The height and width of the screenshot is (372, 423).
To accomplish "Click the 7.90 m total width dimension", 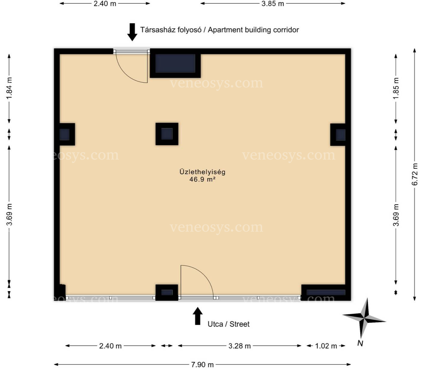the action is (202, 365).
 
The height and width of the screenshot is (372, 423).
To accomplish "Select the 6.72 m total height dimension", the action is (415, 174).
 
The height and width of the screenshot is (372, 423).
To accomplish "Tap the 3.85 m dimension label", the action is (273, 4).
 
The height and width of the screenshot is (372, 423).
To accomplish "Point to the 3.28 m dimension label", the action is (240, 346).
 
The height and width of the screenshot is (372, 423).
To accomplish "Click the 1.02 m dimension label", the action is (326, 346).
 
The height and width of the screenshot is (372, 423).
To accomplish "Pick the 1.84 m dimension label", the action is (9, 88).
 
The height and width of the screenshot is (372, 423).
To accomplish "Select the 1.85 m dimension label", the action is (396, 88).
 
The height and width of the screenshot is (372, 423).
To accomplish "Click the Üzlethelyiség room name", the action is (202, 172).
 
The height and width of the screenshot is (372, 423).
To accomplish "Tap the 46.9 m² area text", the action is (202, 179).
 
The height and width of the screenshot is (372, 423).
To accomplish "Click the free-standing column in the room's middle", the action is (167, 134).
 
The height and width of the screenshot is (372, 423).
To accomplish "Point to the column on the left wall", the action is (65, 134).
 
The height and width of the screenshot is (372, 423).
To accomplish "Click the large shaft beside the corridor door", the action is (175, 63).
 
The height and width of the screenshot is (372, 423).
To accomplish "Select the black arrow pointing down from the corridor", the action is (132, 32).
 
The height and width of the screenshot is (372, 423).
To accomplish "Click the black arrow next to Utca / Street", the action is (198, 316).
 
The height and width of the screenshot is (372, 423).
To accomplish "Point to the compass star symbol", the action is (364, 319).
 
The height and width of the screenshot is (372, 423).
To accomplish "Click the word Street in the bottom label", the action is (240, 324).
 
